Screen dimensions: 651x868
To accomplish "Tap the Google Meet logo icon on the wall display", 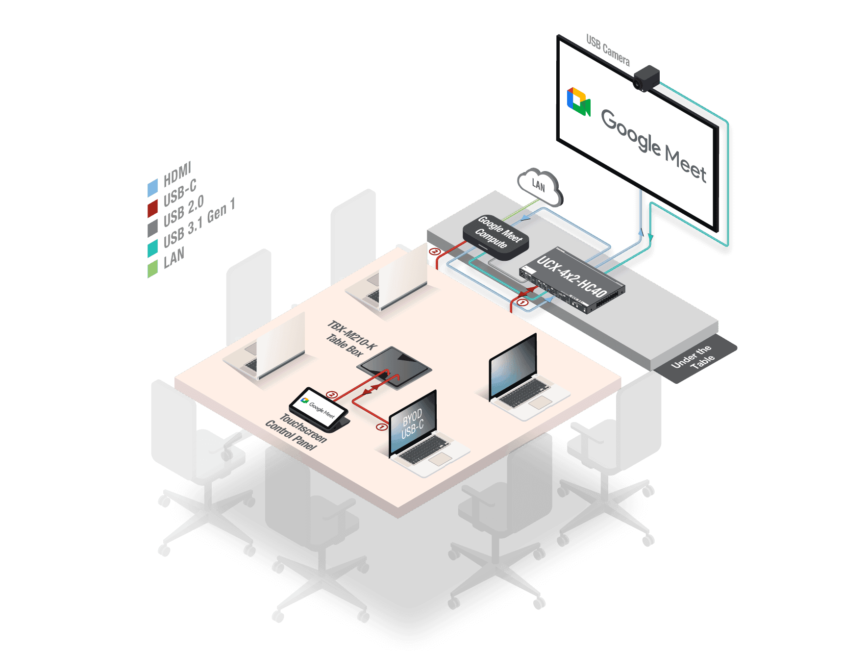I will point(578,102).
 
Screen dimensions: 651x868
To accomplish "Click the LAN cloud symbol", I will point(539,186).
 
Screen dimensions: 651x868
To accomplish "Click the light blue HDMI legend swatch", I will point(152,188).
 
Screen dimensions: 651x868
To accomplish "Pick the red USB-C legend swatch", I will point(152,208).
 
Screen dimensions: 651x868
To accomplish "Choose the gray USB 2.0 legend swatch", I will point(152,227).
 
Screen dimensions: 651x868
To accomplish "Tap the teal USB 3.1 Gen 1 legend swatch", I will point(152,248).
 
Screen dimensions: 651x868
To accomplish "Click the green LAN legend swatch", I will point(152,268).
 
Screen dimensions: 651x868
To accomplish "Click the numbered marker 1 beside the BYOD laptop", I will point(381,427).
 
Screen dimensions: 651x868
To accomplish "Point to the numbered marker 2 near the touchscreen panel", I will point(332,395).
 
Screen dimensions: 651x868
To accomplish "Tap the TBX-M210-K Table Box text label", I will point(350,338).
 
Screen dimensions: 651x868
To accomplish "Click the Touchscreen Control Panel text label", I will point(296,431).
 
